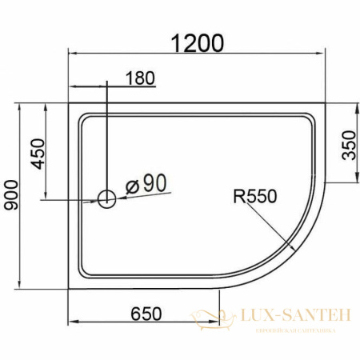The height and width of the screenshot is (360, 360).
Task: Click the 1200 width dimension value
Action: coord(196,42)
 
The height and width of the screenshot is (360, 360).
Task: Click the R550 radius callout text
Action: coord(254,195)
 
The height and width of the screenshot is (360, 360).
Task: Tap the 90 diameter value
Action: coord(154,183)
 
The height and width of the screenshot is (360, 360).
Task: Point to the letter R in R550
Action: coord(238,195)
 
